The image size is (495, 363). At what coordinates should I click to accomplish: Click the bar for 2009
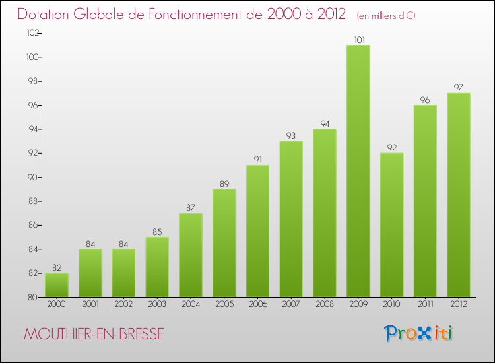coord(358,171)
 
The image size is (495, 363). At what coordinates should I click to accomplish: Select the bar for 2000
coord(57,285)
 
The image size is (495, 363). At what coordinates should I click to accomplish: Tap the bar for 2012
coord(458,195)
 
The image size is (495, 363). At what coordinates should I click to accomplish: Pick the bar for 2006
coord(257,231)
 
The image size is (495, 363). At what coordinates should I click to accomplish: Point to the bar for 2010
coord(391,225)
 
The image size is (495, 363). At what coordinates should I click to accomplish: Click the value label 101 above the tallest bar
coord(358,40)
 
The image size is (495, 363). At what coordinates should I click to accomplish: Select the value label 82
coord(57,267)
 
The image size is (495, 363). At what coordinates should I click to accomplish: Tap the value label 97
coord(458,87)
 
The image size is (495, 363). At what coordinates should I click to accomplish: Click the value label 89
coord(224,183)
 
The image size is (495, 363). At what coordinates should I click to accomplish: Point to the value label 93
coord(291,135)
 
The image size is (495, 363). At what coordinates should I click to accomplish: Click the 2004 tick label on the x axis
coord(190,305)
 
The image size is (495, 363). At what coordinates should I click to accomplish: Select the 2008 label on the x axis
coord(324,305)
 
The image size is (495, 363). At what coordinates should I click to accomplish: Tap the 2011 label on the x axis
coord(424,305)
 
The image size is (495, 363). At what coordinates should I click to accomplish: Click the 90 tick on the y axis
coord(32,178)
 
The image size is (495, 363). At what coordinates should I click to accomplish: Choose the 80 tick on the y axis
coord(32,297)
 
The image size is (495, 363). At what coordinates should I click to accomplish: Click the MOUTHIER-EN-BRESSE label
coord(94,334)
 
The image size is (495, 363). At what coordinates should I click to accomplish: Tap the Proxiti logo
coord(419,333)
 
